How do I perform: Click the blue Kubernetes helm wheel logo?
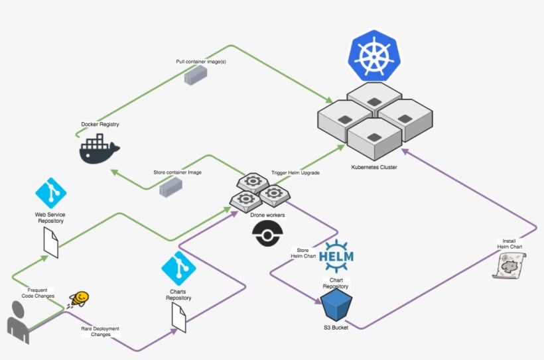point(374,56)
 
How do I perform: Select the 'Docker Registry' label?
point(100,124)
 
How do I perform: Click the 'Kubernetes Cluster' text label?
point(374,167)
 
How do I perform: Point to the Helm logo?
point(336,256)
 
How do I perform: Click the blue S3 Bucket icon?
point(336,305)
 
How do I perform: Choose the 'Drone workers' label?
point(267,215)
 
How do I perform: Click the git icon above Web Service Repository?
point(51,193)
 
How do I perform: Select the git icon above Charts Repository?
point(178,269)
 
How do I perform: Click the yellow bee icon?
point(80,300)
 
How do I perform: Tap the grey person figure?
point(18,323)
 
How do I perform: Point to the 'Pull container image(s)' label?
point(201,62)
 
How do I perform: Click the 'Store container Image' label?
point(177,172)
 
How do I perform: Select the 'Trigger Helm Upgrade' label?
point(296,173)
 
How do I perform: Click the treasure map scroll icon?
point(510,266)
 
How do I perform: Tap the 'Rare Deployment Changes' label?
point(101,331)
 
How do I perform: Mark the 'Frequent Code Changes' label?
point(38,293)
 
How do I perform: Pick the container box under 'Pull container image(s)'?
point(196,76)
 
